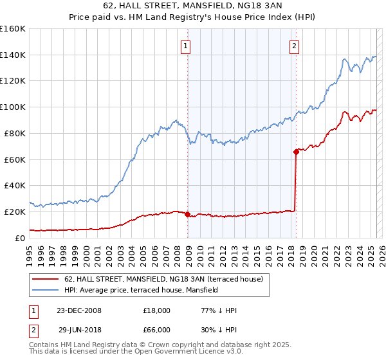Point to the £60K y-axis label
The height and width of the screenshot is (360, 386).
[14, 159]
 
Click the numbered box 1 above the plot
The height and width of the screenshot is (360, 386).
[185, 46]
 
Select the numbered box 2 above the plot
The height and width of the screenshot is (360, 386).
[294, 46]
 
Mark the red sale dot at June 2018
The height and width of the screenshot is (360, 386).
[296, 152]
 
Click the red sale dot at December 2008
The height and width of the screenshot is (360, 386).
[188, 215]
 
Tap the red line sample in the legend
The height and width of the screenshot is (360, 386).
[46, 279]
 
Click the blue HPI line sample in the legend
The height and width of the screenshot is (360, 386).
[46, 290]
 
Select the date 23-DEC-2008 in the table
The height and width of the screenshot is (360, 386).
[79, 310]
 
